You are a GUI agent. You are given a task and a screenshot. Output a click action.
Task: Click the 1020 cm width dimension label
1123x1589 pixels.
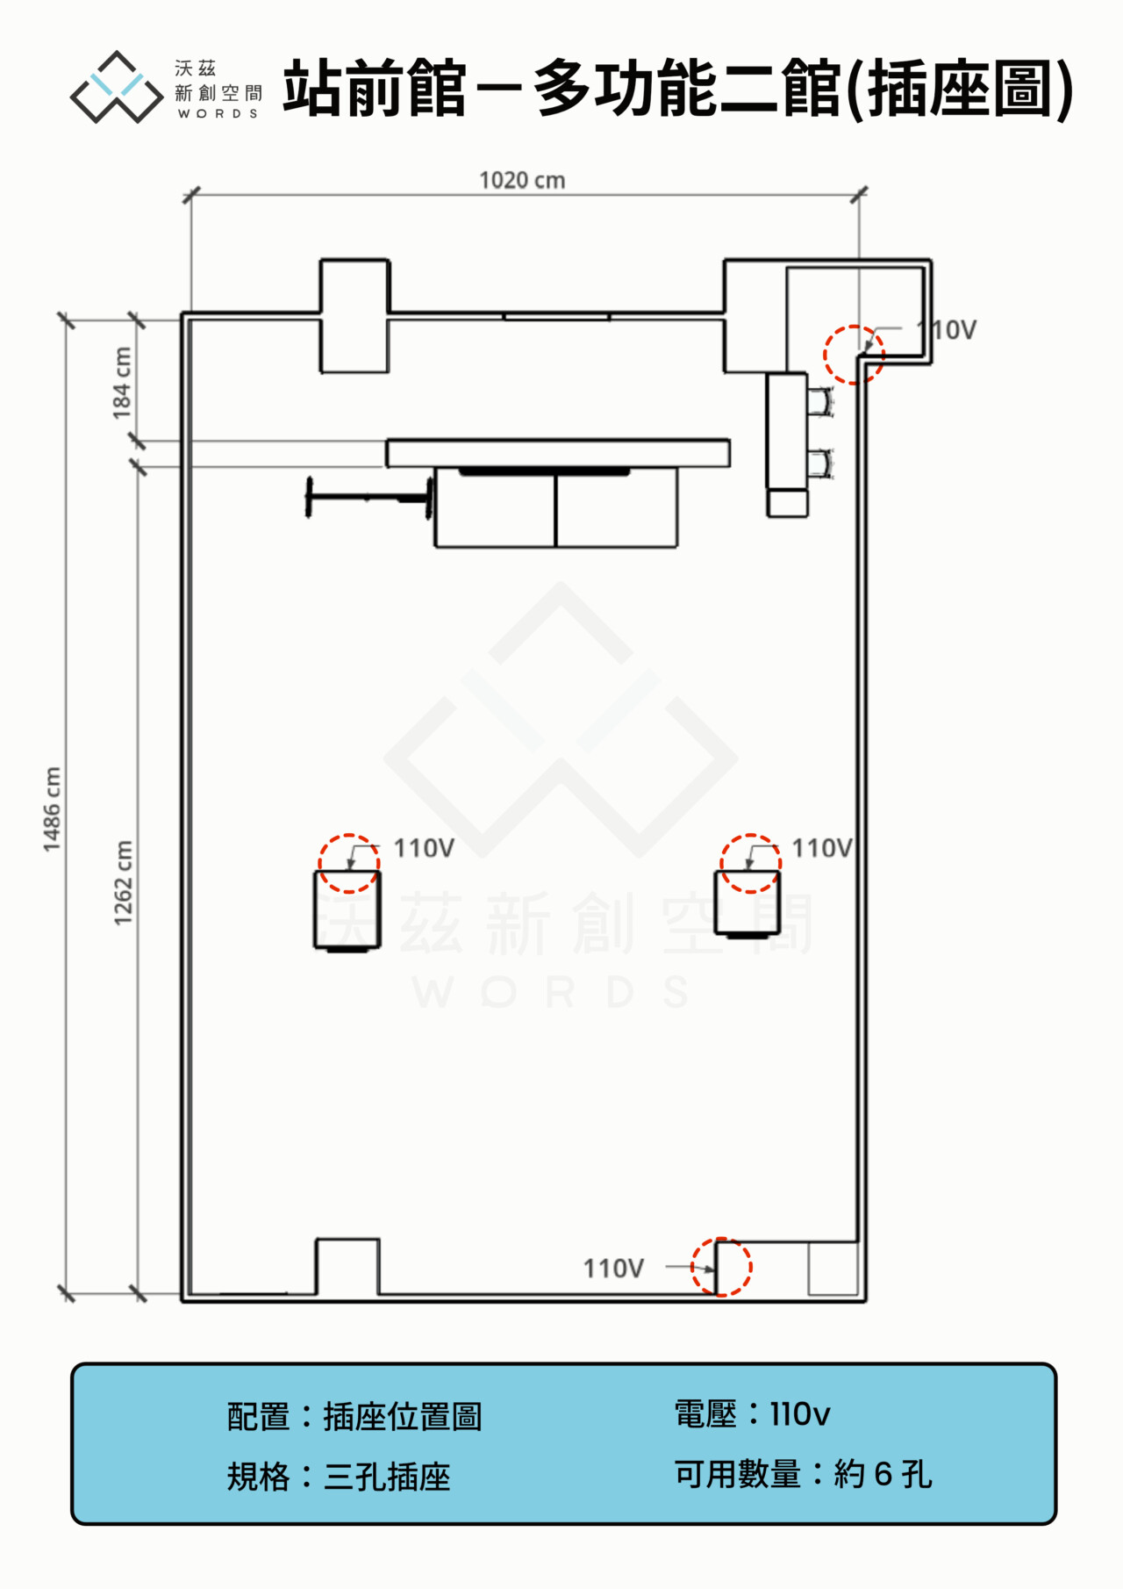pos(522,180)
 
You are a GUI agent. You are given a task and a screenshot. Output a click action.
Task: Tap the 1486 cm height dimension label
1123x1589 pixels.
pos(52,809)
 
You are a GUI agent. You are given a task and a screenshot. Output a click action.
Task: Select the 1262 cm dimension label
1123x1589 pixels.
pos(123,882)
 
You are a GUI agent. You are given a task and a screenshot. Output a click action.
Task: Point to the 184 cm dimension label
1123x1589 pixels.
pos(122,383)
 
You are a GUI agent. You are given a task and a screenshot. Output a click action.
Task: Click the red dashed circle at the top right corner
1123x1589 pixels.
pos(854,355)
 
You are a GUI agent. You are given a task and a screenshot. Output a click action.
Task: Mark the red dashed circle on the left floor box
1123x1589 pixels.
pos(349,863)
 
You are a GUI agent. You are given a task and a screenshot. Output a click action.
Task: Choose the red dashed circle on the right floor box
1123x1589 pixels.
pos(750,863)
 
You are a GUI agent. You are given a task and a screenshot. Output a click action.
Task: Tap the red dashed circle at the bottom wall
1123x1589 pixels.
pos(721,1267)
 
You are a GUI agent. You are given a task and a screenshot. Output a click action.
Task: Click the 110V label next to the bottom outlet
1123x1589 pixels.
pos(613,1269)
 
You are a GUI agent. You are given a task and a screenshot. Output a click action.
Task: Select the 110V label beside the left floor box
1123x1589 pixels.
pos(424,848)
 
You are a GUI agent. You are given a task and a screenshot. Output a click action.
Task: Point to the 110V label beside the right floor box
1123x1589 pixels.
pos(822,848)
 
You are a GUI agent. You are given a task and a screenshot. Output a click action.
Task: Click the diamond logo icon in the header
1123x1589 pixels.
pos(117,87)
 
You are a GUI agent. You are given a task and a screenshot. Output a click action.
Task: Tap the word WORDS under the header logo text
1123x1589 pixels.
pos(218,114)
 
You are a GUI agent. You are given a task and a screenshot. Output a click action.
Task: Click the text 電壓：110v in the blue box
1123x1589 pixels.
pos(752,1414)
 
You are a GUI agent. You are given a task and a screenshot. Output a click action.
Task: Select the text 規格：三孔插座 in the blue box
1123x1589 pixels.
pos(339,1477)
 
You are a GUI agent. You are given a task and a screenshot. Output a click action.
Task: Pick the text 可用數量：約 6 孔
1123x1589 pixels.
pos(802,1474)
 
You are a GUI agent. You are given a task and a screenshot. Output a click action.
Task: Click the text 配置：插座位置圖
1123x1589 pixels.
pos(354,1416)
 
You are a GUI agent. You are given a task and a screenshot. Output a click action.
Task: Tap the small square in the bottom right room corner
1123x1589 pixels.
pos(833,1269)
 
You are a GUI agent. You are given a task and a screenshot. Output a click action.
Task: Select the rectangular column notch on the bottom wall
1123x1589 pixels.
pos(347,1266)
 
